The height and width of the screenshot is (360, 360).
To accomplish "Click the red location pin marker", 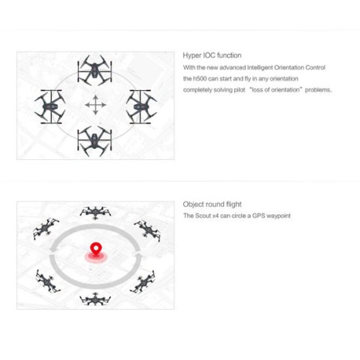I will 96,251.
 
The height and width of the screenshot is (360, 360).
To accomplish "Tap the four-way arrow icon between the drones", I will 96,104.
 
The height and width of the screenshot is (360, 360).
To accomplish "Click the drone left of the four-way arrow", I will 50,104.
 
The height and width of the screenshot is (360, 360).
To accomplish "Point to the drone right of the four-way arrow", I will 141,104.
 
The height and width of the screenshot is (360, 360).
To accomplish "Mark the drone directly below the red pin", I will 96,299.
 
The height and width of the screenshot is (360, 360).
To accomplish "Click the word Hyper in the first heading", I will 192,56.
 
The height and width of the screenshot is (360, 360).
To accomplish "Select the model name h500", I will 202,79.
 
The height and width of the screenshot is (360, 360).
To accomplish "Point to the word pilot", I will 237,90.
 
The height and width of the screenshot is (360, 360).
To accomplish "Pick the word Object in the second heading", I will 194,205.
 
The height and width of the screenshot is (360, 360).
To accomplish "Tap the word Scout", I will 202,216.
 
